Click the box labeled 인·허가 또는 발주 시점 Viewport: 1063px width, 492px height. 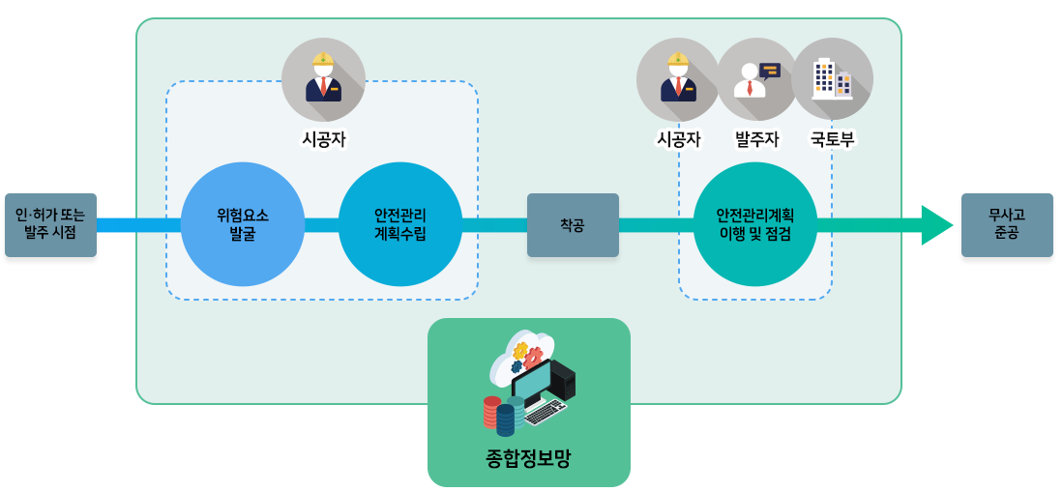50,225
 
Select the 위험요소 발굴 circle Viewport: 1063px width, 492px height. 243,224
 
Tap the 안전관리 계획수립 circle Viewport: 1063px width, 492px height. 399,224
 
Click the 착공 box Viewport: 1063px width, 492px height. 573,225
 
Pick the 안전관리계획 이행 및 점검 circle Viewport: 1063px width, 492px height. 755,224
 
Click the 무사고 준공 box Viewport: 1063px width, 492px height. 1007,225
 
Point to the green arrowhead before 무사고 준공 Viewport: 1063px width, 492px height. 935,225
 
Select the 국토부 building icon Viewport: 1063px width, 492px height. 832,78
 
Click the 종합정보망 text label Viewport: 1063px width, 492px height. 528,457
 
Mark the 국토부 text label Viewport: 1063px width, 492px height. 832,139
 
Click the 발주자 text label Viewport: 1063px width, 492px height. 756,139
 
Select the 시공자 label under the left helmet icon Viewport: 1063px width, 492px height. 323,139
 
